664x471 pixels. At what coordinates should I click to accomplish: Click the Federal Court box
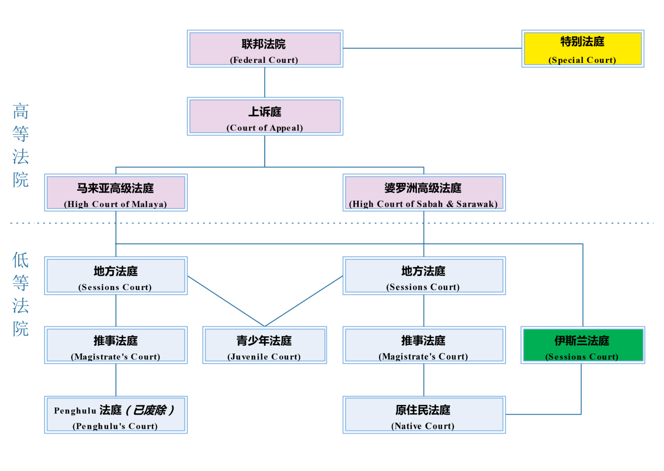pyautogui.click(x=265, y=48)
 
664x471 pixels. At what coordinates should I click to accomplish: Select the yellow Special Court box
pyautogui.click(x=582, y=48)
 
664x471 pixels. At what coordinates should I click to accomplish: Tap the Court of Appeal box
pyautogui.click(x=265, y=116)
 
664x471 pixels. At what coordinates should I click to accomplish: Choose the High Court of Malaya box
pyautogui.click(x=115, y=192)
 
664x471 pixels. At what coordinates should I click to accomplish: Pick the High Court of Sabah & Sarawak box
pyautogui.click(x=424, y=192)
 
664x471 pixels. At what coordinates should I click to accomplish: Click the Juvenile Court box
pyautogui.click(x=264, y=345)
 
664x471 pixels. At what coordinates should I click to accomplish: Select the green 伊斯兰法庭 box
pyautogui.click(x=582, y=345)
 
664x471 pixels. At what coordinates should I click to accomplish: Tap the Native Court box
pyautogui.click(x=424, y=414)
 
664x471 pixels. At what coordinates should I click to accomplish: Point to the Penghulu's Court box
pyautogui.click(x=115, y=414)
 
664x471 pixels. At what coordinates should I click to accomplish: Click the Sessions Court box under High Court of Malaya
pyautogui.click(x=115, y=276)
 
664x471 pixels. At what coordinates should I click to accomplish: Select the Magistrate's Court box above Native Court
pyautogui.click(x=424, y=345)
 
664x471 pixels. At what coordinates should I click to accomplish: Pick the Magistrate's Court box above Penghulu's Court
pyautogui.click(x=115, y=345)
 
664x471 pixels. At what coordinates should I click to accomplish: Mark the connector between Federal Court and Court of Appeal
pyautogui.click(x=265, y=82)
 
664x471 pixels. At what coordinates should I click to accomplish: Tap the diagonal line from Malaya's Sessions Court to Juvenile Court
pyautogui.click(x=226, y=301)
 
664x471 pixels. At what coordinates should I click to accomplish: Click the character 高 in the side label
pyautogui.click(x=21, y=111)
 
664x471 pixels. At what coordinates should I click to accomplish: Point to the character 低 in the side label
pyautogui.click(x=21, y=259)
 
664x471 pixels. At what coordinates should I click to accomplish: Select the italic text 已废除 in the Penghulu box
pyautogui.click(x=150, y=410)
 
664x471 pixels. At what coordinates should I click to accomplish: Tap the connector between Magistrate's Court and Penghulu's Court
pyautogui.click(x=116, y=380)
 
